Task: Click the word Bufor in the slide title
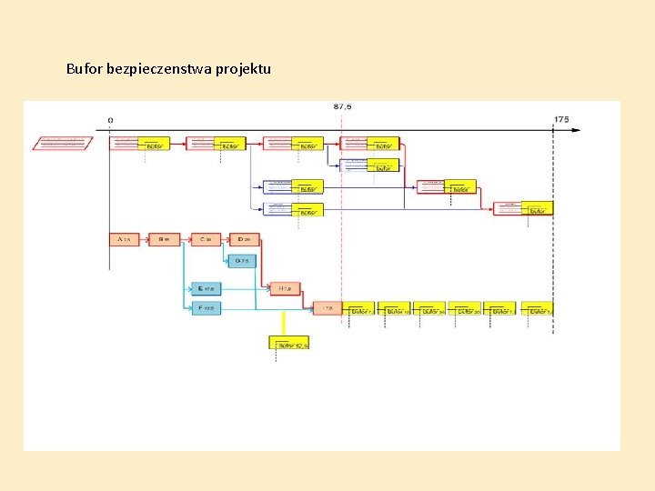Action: pyautogui.click(x=85, y=69)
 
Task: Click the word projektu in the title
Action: pyautogui.click(x=243, y=69)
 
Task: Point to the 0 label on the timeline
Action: pyautogui.click(x=110, y=119)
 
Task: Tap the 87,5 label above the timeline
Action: pyautogui.click(x=342, y=106)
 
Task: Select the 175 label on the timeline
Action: pyautogui.click(x=560, y=119)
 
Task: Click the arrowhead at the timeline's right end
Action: pyautogui.click(x=575, y=130)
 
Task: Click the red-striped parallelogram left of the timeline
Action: pyautogui.click(x=63, y=143)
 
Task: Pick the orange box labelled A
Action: pyautogui.click(x=124, y=239)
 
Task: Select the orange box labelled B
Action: pyautogui.click(x=164, y=239)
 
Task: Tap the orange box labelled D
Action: pyautogui.click(x=244, y=239)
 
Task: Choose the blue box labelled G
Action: pyautogui.click(x=242, y=261)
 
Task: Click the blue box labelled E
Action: pyautogui.click(x=207, y=288)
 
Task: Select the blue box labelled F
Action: pyautogui.click(x=207, y=308)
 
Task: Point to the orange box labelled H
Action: pyautogui.click(x=284, y=288)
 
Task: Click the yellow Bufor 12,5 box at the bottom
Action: pyautogui.click(x=289, y=343)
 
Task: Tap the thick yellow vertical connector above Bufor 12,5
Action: pyautogui.click(x=284, y=323)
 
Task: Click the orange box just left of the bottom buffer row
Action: pyautogui.click(x=327, y=308)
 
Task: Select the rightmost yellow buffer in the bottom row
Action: pyautogui.click(x=537, y=309)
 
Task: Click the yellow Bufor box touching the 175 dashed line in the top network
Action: pyautogui.click(x=537, y=208)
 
